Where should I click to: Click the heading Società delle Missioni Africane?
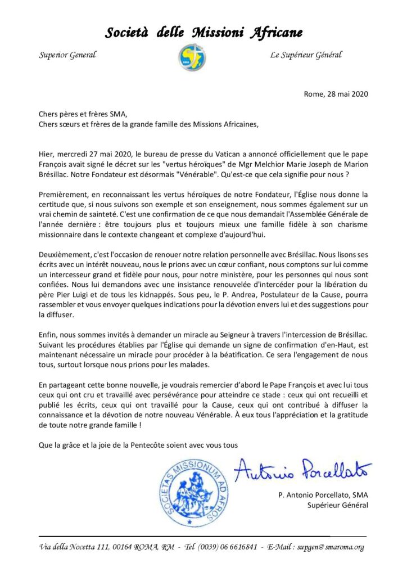pyautogui.click(x=203, y=33)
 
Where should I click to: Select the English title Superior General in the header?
pyautogui.click(x=67, y=55)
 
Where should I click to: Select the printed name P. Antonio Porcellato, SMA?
pyautogui.click(x=323, y=495)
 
